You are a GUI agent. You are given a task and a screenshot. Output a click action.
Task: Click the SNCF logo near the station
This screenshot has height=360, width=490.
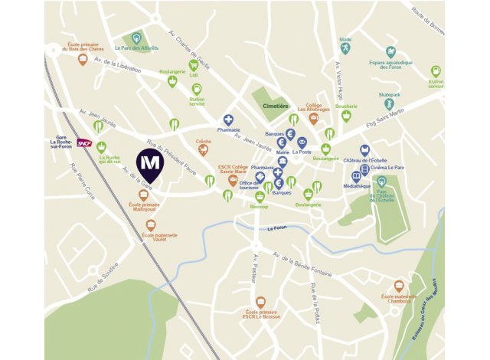pos(84,142)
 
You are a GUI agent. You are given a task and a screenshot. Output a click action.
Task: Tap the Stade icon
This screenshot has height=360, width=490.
pos(346,48)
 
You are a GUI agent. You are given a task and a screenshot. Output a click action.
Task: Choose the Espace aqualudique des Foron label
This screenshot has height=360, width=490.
pos(390,66)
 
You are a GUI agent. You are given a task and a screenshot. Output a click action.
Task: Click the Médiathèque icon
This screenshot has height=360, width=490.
pos(356,176)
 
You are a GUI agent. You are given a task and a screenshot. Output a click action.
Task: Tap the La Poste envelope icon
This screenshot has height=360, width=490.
pos(302,142)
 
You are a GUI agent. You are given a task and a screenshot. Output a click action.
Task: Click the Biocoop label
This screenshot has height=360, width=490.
pos(260,206)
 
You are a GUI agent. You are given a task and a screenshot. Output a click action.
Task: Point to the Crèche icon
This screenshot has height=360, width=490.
pos(203,150)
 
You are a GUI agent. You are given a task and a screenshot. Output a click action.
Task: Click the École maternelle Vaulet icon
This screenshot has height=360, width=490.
pos(150,225)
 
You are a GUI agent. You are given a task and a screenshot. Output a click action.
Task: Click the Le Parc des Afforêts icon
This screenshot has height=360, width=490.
pos(136,38)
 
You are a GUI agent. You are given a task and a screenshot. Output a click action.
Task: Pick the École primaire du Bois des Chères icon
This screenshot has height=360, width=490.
pos(83,59)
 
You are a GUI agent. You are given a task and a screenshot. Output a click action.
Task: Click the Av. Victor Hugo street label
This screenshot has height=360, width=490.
pos(338,78)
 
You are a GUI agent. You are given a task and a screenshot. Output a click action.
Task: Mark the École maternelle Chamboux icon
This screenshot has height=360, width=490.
pos(399,286)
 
